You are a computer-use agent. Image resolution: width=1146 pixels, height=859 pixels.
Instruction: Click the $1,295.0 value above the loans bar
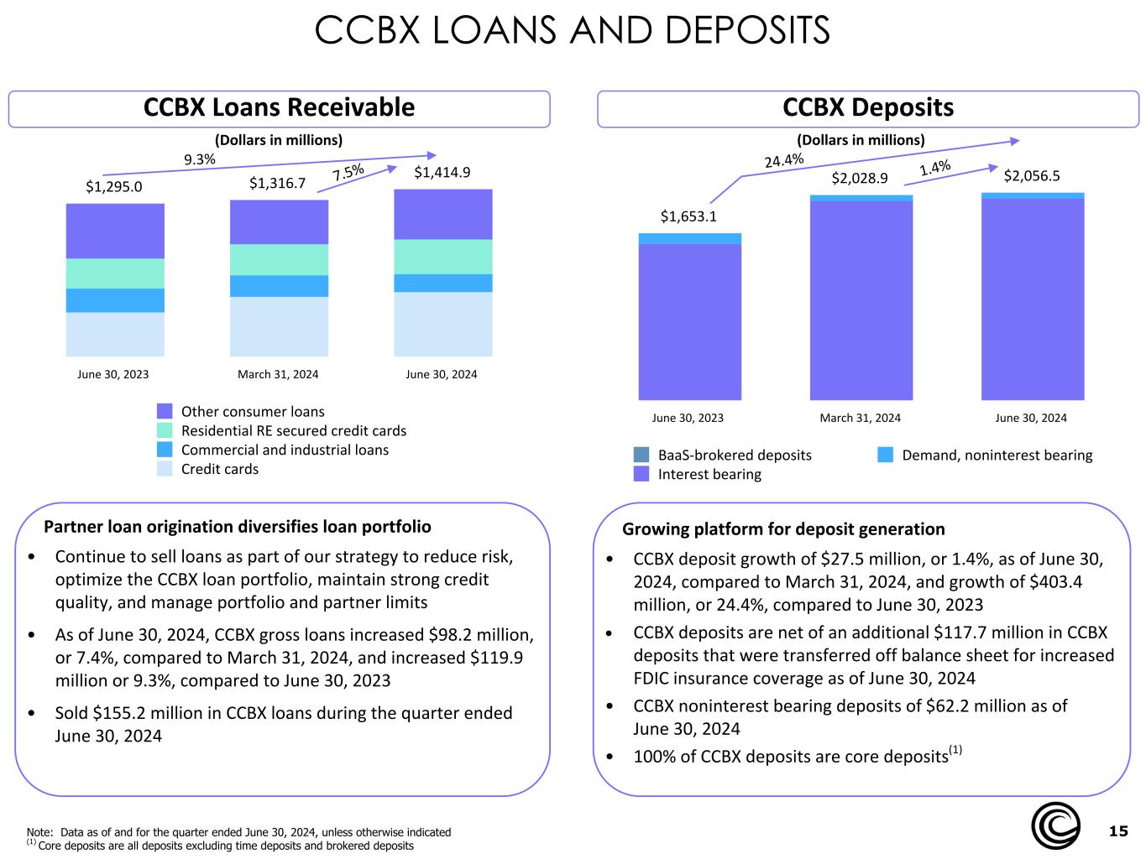pyautogui.click(x=114, y=186)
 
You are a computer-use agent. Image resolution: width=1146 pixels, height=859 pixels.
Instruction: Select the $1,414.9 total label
pyautogui.click(x=442, y=173)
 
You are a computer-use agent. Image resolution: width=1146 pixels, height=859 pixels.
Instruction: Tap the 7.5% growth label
pyautogui.click(x=348, y=172)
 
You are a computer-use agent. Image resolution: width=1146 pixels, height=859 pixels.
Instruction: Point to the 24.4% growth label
pyautogui.click(x=783, y=159)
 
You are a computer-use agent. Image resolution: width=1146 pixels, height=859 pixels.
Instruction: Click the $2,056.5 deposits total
pyautogui.click(x=1032, y=175)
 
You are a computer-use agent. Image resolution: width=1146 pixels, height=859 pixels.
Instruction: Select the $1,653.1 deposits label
pyautogui.click(x=688, y=216)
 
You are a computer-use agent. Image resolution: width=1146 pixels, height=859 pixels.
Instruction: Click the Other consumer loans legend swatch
pyautogui.click(x=165, y=411)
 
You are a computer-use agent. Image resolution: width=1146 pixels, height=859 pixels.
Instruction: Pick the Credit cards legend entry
pyautogui.click(x=219, y=469)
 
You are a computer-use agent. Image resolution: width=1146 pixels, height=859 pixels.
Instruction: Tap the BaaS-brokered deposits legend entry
pyautogui.click(x=734, y=455)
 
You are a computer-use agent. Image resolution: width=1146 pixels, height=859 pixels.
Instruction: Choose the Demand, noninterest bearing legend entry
pyautogui.click(x=997, y=455)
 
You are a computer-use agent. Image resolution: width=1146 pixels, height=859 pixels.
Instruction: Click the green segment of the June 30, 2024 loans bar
pyautogui.click(x=442, y=257)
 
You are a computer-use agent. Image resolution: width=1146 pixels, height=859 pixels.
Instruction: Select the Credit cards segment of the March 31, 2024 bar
pyautogui.click(x=279, y=326)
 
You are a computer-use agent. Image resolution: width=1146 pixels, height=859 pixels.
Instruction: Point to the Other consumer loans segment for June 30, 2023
pyautogui.click(x=115, y=231)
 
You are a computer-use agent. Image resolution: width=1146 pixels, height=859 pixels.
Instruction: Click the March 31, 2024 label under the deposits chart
pyautogui.click(x=860, y=418)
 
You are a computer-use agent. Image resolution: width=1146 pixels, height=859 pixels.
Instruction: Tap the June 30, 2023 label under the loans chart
pyautogui.click(x=113, y=374)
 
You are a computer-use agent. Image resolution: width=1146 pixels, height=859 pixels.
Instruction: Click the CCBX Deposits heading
pyautogui.click(x=868, y=107)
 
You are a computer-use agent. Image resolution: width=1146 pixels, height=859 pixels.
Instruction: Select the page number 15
pyautogui.click(x=1117, y=831)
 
